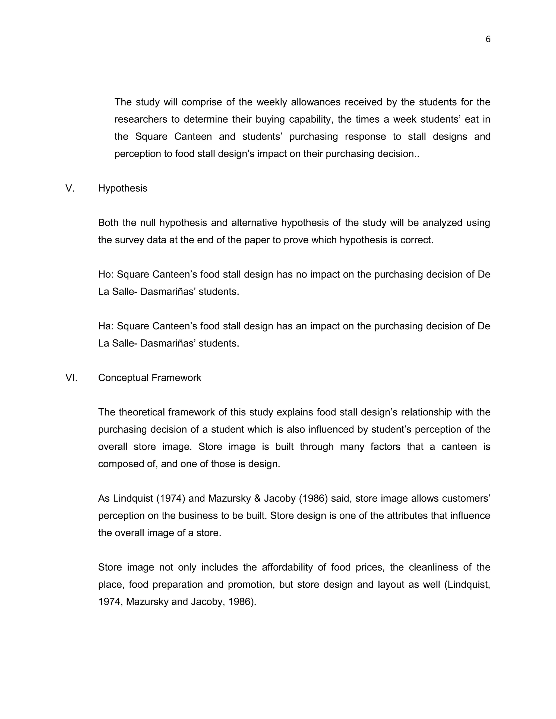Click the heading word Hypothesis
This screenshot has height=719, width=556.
pyautogui.click(x=122, y=188)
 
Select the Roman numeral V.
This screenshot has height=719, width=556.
pyautogui.click(x=70, y=188)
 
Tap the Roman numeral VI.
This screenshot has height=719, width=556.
pyautogui.click(x=71, y=378)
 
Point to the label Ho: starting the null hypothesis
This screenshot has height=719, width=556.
pyautogui.click(x=106, y=274)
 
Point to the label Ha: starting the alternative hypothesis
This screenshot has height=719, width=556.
pyautogui.click(x=106, y=326)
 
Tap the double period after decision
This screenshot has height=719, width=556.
pyautogui.click(x=417, y=154)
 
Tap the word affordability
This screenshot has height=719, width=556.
pyautogui.click(x=287, y=567)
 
